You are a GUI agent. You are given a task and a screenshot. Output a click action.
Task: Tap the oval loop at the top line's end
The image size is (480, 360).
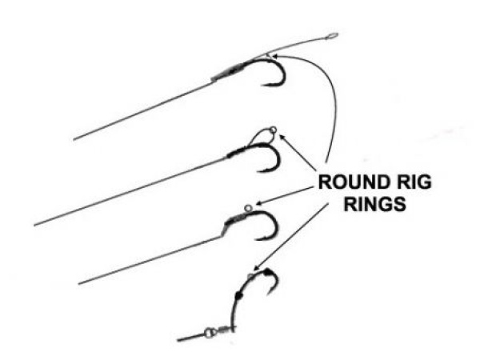[331, 36]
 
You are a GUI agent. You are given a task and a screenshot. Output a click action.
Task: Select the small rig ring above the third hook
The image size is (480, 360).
[249, 206]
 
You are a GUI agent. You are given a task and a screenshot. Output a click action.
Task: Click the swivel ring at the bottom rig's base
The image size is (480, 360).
[210, 330]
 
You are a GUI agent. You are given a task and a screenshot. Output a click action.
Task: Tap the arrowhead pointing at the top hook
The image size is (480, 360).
[270, 55]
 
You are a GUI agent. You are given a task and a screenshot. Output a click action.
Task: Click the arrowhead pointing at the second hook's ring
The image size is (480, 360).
[280, 138]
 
